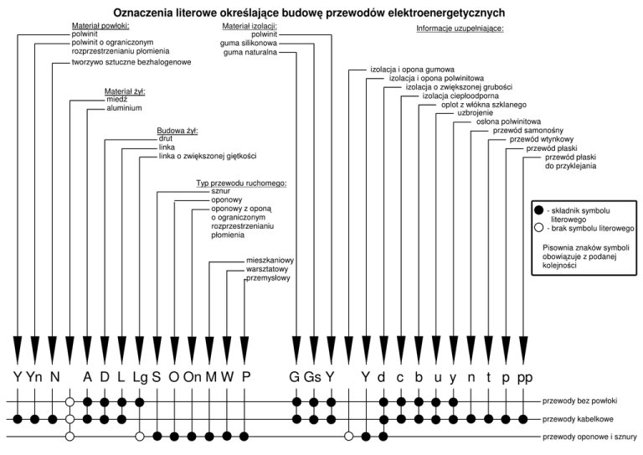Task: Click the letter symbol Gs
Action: click(x=312, y=377)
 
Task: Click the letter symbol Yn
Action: click(x=34, y=377)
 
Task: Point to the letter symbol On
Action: click(x=193, y=377)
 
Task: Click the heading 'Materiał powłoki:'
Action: click(x=100, y=26)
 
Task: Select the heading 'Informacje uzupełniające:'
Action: click(x=460, y=28)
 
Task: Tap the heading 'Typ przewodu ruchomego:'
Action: click(x=241, y=184)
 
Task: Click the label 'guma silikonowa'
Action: click(x=249, y=44)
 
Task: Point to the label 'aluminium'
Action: click(x=124, y=108)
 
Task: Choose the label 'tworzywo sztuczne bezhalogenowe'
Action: click(x=131, y=62)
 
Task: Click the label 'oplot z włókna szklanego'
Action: click(x=484, y=105)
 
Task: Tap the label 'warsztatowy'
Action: click(x=267, y=270)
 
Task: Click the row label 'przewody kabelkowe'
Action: click(x=578, y=419)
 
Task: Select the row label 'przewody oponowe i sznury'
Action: click(x=589, y=437)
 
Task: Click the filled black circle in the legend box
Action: click(x=539, y=210)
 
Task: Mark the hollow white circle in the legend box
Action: click(x=539, y=228)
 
